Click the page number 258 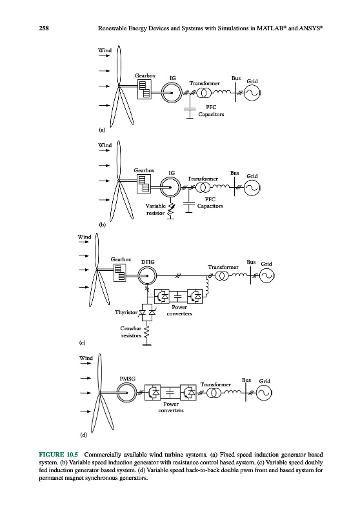tap(44, 28)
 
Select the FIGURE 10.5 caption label tap(59, 455)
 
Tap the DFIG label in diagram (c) tap(148, 262)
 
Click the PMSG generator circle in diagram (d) tap(126, 393)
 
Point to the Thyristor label tap(126, 312)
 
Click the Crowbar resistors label tap(131, 332)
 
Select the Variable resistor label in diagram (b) tap(155, 209)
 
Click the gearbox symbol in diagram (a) tap(145, 89)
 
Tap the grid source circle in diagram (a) tap(252, 93)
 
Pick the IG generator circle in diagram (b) tap(170, 187)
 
